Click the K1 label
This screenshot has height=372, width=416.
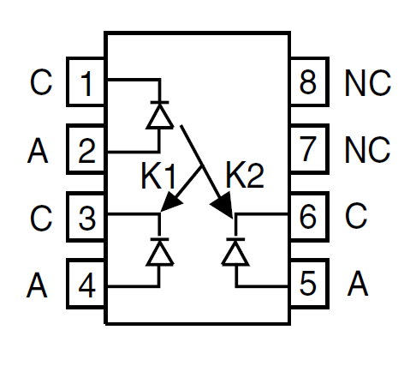pos(158,176)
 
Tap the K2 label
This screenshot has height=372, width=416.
pos(245,175)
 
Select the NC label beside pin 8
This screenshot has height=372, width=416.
pos(367,83)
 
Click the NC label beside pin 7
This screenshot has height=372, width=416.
pos(367,150)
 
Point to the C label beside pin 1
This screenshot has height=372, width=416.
pos(41,82)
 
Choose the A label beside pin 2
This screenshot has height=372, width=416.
pos(38,150)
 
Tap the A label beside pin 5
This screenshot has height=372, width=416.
pos(358,283)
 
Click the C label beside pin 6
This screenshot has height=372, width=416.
pos(355,216)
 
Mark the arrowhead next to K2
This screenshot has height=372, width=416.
pos(223,204)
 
